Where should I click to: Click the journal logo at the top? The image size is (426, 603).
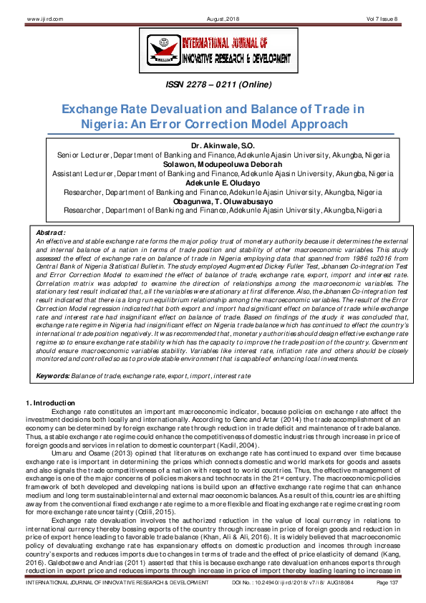click(212, 51)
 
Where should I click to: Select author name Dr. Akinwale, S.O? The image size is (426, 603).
click(213, 145)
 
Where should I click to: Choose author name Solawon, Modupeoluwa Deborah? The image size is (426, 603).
click(213, 164)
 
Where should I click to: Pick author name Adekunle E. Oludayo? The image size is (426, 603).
click(213, 183)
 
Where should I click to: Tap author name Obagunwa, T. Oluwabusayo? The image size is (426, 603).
click(213, 201)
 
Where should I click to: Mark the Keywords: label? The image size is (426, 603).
click(52, 376)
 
